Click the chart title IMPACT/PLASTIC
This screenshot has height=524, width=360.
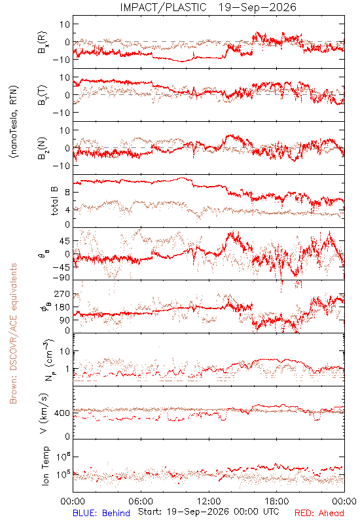[163, 7]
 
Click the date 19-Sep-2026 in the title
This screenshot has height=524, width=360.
[257, 7]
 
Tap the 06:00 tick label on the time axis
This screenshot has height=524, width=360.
[141, 501]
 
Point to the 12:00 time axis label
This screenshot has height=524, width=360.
[209, 501]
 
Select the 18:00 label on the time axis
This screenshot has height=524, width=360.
[277, 501]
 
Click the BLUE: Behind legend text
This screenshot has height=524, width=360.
[101, 513]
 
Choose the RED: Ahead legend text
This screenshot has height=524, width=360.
[319, 513]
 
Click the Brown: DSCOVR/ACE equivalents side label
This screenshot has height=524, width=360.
[13, 333]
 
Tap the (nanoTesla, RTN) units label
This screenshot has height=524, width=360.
[14, 122]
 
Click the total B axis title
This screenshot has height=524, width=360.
[54, 201]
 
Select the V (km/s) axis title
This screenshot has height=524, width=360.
[44, 413]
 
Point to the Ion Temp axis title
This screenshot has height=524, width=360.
[45, 466]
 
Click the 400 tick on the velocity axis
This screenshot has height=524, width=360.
[62, 413]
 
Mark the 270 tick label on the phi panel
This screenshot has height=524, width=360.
[62, 294]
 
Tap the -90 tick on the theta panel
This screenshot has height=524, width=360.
[61, 278]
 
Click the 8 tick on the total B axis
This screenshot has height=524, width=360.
[67, 192]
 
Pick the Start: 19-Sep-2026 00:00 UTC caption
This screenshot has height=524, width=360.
[208, 512]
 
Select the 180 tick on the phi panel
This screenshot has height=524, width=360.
[62, 307]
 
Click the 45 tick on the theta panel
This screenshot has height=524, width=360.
[65, 241]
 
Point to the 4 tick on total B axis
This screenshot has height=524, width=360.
[67, 210]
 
